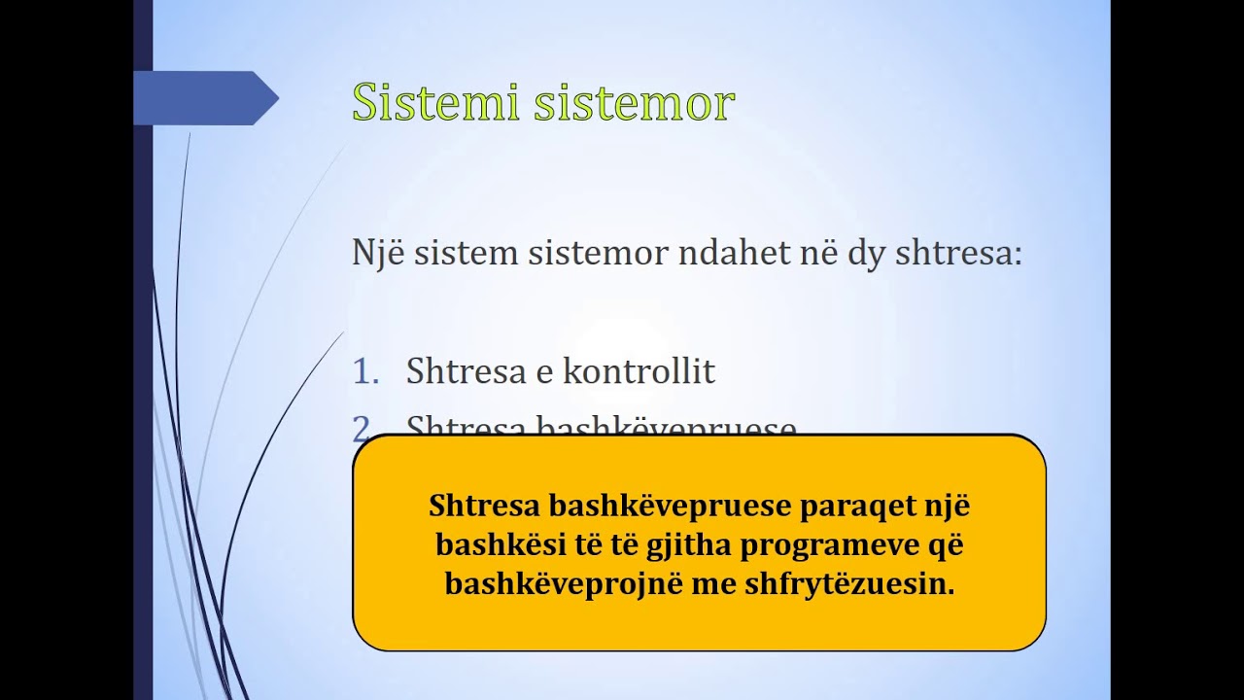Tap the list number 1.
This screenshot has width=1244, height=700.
(x=364, y=371)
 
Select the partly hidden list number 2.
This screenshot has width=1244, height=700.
(x=362, y=428)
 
